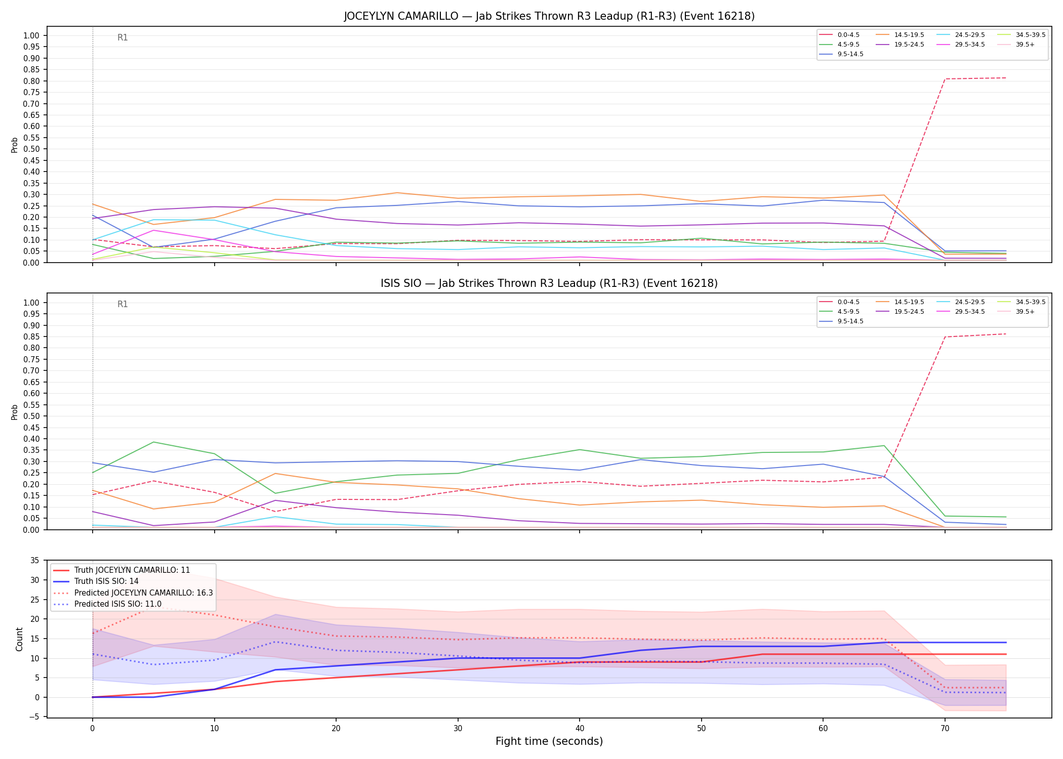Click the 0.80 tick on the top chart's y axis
pos(31,81)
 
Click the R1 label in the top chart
pos(122,37)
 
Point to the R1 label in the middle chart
pos(122,304)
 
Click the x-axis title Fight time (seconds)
pos(549,741)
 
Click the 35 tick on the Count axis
pos(35,560)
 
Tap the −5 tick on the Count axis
pos(33,717)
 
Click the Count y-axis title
pos(19,639)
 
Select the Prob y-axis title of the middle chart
pos(15,412)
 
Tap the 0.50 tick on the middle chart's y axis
pos(31,416)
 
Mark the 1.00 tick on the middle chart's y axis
pos(31,303)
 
